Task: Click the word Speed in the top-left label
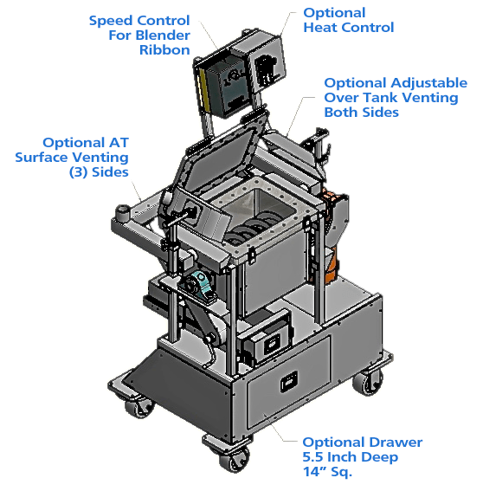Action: coord(111,22)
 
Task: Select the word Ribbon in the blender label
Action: coord(164,49)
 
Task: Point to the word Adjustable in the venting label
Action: coord(428,83)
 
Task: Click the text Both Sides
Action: coord(361,112)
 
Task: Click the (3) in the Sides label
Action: coord(78,172)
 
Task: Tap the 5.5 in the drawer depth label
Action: coord(313,457)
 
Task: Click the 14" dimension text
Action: coord(315,471)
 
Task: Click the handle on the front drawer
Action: coord(288,382)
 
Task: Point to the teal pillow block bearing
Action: coord(197,285)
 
